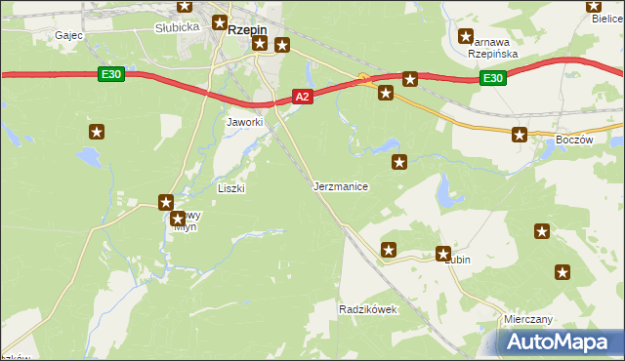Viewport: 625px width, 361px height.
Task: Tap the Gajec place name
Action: [68, 35]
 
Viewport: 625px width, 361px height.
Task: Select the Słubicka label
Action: [177, 27]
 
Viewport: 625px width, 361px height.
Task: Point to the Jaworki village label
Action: [245, 122]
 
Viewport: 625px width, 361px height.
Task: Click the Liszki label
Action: [230, 188]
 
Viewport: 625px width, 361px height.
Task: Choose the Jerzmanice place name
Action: [341, 185]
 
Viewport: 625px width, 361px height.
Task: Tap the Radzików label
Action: [367, 308]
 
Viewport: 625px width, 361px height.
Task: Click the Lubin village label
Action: [457, 260]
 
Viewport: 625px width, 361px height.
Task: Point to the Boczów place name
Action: [573, 140]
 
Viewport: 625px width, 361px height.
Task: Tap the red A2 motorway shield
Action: [302, 96]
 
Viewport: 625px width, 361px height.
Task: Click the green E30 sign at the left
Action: [110, 73]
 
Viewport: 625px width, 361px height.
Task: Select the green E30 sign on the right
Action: [492, 79]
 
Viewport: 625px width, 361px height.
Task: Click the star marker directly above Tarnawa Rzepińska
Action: [467, 37]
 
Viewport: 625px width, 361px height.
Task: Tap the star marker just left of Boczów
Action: [520, 135]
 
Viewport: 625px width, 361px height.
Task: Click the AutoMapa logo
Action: [557, 341]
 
